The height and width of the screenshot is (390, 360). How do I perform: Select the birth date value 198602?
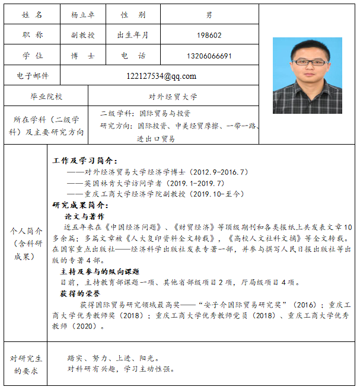pos(209,35)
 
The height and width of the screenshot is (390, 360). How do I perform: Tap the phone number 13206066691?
pos(209,56)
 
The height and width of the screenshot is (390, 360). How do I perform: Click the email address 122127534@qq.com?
pos(161,76)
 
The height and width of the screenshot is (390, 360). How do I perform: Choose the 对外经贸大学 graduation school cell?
pos(173,96)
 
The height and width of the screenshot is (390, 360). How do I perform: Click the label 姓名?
pos(32,14)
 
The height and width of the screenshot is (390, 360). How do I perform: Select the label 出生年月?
pos(133,35)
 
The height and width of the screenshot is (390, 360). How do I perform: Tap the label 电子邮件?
pos(32,76)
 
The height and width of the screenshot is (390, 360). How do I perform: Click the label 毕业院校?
pos(46,96)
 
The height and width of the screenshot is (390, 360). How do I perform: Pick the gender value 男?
pos(209,14)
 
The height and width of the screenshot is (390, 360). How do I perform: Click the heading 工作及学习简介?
pos(85,161)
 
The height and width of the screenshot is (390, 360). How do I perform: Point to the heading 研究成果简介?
pos(81,205)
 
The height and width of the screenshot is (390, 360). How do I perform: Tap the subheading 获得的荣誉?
pos(79,293)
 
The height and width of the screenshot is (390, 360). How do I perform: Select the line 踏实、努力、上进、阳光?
pos(113,358)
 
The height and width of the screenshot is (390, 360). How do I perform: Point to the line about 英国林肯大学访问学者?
pos(145,183)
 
